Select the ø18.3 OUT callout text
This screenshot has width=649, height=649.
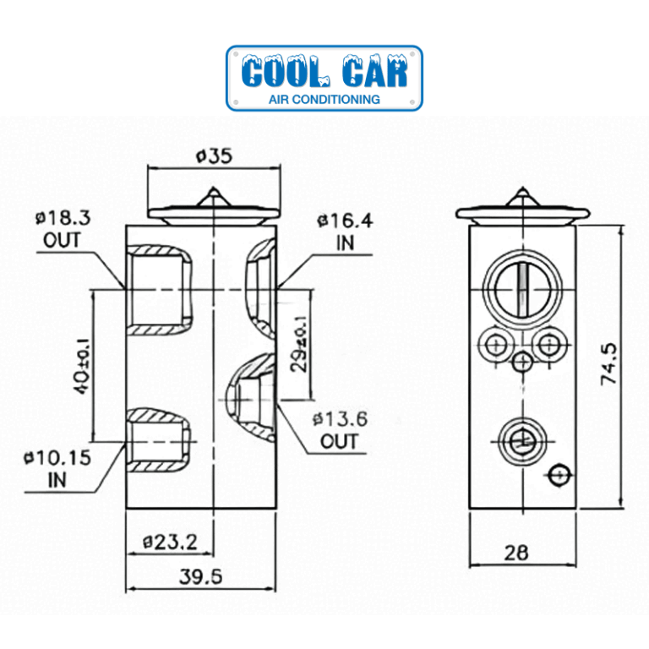point(63,228)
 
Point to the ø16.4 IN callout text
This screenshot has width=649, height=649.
point(345,232)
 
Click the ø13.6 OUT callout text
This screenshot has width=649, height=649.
point(339,429)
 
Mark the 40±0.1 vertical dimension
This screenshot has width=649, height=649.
point(82,366)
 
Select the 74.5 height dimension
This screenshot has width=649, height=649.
point(614,364)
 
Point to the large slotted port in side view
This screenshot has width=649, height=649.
point(522,288)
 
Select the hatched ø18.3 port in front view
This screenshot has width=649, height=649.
point(157,287)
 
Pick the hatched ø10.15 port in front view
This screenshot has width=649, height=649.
point(157,442)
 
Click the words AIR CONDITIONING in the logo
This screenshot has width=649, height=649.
point(324,99)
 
